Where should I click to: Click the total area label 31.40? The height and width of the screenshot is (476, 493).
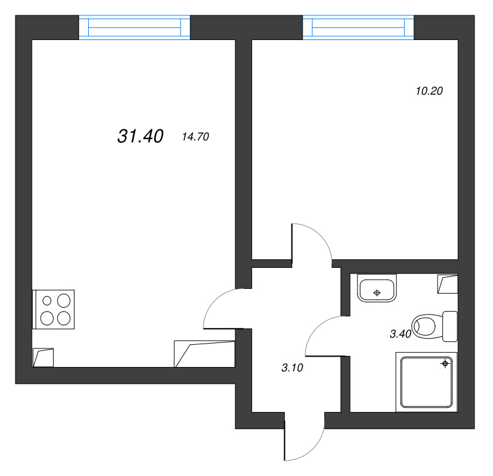[x=140, y=137]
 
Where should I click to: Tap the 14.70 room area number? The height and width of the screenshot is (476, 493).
[x=196, y=137]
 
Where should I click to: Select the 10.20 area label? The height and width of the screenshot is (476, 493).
[x=430, y=92]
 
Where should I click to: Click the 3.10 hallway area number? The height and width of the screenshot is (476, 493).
[x=292, y=368]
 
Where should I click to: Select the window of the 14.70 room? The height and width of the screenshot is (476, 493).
[x=134, y=28]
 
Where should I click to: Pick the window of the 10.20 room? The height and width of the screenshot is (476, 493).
[x=357, y=28]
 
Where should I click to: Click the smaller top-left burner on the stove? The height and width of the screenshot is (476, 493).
[x=47, y=301]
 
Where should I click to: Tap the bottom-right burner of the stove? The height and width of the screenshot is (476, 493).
[x=63, y=318]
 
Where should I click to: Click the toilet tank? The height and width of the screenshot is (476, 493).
[x=450, y=326]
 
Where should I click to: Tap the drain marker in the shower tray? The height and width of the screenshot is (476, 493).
[x=444, y=365]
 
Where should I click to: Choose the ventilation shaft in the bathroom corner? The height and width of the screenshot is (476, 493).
[x=447, y=284]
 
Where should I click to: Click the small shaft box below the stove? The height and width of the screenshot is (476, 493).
[x=43, y=357]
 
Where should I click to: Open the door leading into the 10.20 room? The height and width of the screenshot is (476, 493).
[x=312, y=241]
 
